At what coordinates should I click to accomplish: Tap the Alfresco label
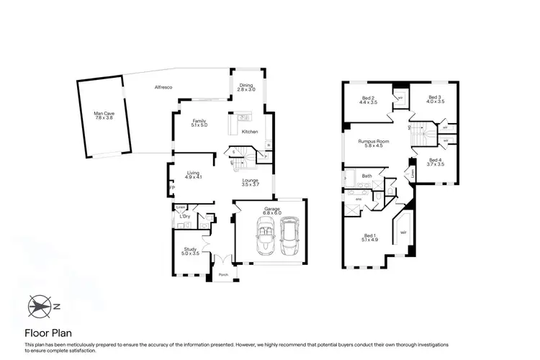(x=163, y=87)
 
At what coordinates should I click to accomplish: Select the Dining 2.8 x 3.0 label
(x=247, y=86)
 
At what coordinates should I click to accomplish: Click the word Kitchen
(x=249, y=132)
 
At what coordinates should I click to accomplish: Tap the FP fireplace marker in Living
(x=171, y=188)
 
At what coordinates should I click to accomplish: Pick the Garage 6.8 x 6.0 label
(x=271, y=211)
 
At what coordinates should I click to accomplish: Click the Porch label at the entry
(x=222, y=274)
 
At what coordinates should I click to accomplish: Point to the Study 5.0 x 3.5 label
(x=190, y=251)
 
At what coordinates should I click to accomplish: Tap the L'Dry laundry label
(x=184, y=217)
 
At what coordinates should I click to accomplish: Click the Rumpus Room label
(x=374, y=144)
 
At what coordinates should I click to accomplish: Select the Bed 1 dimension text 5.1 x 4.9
(x=369, y=240)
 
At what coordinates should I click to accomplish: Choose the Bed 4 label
(x=434, y=162)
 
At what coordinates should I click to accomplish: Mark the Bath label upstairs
(x=366, y=176)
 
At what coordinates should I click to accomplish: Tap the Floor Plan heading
(x=48, y=333)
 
